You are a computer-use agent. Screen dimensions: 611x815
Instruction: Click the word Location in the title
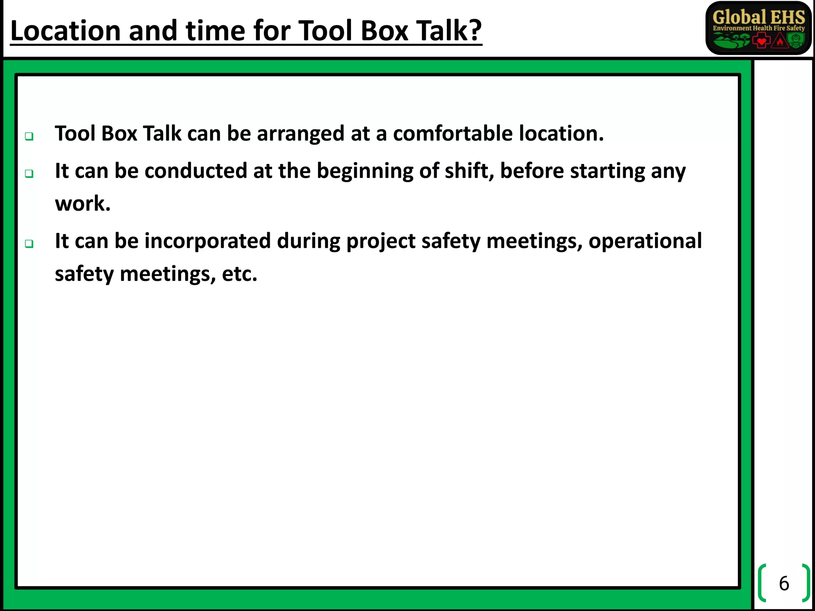click(65, 31)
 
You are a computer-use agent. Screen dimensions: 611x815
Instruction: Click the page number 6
click(784, 584)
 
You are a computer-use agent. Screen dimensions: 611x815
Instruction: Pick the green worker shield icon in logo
click(796, 40)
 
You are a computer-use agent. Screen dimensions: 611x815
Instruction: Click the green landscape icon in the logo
click(731, 40)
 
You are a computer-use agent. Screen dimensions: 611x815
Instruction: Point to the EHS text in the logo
click(788, 18)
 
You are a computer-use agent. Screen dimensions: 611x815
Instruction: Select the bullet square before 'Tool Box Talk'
click(29, 136)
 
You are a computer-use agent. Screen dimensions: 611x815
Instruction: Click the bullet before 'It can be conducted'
click(29, 174)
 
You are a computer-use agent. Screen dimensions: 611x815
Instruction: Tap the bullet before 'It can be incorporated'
click(29, 243)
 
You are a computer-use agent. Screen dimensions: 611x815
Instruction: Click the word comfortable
click(453, 133)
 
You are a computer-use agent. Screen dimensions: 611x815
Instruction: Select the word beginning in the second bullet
click(365, 171)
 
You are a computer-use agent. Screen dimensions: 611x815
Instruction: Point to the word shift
click(469, 171)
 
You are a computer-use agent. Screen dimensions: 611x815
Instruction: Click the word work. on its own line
click(82, 204)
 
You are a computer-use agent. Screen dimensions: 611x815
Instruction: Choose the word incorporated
click(207, 241)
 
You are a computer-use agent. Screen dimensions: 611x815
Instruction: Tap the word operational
click(645, 241)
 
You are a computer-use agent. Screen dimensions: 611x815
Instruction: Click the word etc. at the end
click(239, 274)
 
